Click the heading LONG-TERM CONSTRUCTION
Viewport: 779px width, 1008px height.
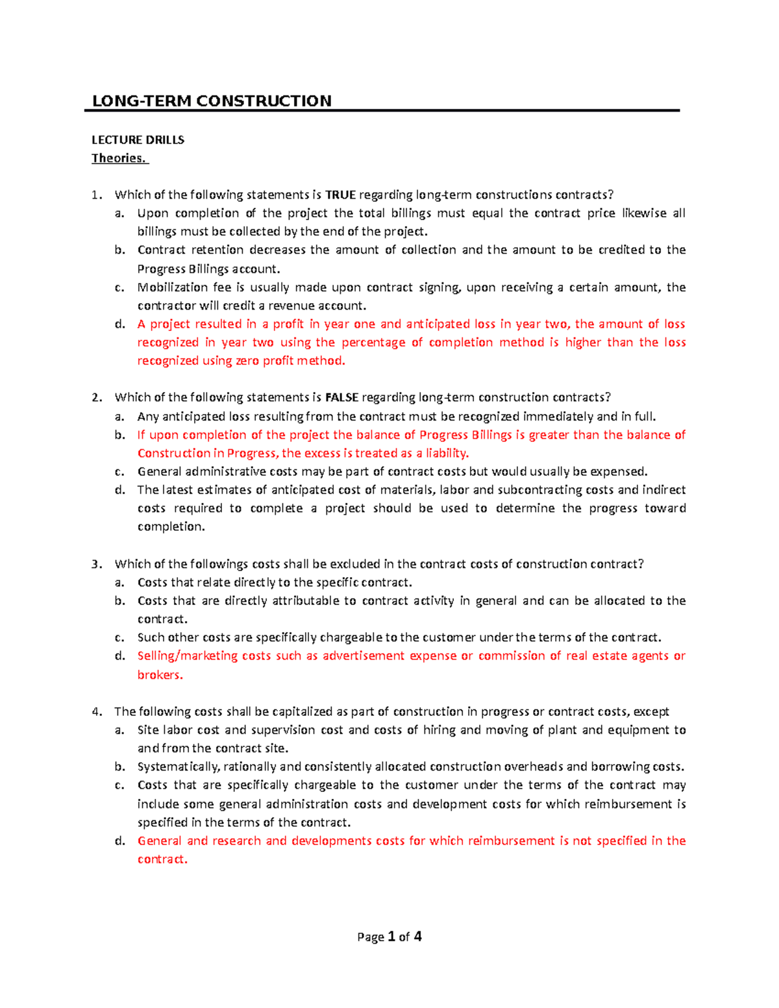[212, 101]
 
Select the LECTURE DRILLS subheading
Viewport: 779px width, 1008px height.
[138, 140]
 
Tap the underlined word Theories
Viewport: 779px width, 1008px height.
[119, 158]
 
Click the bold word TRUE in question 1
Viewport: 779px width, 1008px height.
[340, 195]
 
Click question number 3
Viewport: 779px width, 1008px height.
[96, 564]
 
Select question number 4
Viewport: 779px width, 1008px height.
[96, 711]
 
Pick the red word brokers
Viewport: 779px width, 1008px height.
[160, 674]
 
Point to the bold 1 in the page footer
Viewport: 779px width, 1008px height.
[391, 936]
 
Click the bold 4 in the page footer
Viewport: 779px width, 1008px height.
[417, 936]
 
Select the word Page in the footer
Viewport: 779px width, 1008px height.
[370, 937]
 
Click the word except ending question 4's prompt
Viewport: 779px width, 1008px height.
[651, 711]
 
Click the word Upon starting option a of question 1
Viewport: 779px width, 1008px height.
[153, 213]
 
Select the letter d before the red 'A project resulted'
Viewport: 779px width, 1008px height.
[119, 324]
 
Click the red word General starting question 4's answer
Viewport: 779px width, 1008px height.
[159, 841]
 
